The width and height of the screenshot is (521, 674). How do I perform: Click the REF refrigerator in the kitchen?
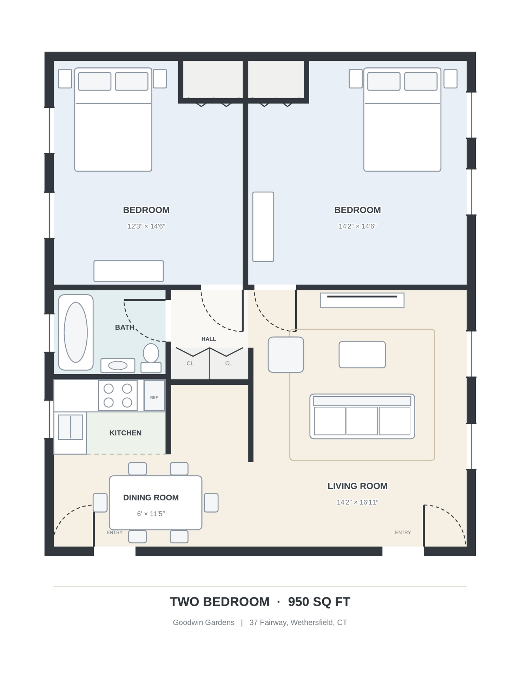click(154, 395)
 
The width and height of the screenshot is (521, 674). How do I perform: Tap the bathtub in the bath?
click(76, 332)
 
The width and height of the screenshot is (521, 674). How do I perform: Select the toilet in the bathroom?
click(151, 358)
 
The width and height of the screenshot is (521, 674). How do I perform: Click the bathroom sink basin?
click(118, 365)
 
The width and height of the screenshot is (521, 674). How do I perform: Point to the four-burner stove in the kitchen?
click(118, 395)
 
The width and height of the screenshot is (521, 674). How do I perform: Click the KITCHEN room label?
click(125, 433)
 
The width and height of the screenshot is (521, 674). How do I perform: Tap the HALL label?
click(209, 339)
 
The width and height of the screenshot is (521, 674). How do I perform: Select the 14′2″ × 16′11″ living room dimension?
click(357, 502)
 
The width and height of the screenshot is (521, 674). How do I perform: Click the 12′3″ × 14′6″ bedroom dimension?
click(146, 226)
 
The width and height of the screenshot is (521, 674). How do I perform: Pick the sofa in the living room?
click(362, 416)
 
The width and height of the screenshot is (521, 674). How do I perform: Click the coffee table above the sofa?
click(362, 355)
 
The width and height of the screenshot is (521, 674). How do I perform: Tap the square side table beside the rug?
click(286, 355)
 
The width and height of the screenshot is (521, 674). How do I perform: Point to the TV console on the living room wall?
click(362, 300)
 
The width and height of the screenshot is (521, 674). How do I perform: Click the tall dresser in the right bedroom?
click(263, 227)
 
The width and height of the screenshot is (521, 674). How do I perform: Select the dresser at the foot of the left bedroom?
click(128, 271)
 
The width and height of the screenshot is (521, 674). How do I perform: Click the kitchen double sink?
click(70, 427)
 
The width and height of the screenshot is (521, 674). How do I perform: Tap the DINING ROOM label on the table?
click(151, 497)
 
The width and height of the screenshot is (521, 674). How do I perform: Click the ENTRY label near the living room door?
click(403, 532)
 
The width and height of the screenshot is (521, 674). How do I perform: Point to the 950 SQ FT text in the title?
click(319, 602)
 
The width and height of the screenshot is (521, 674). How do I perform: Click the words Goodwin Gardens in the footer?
click(204, 622)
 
